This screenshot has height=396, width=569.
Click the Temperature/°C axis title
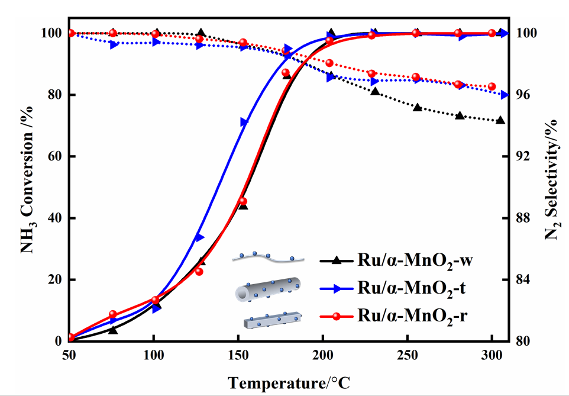coord(290,382)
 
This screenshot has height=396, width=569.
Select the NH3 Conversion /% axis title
coord(27,186)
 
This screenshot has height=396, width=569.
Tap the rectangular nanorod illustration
coord(272,319)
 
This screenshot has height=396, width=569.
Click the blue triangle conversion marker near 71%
coord(245,122)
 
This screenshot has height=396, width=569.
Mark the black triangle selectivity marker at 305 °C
coord(500,120)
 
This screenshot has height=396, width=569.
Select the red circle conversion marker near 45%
coord(243,201)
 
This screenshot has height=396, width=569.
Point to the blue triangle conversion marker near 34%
coord(200,237)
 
